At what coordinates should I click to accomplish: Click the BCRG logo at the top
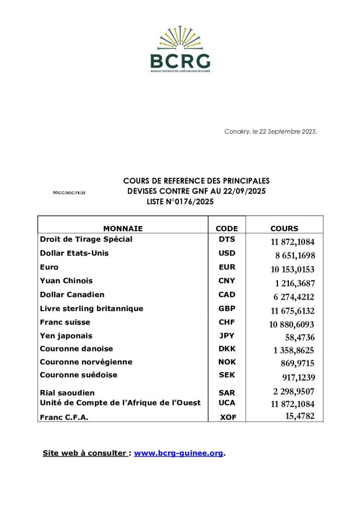[180, 50]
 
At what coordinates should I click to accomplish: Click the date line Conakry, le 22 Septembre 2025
[270, 132]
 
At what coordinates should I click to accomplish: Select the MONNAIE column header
[123, 229]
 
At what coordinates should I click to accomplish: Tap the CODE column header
[227, 229]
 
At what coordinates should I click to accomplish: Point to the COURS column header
[284, 229]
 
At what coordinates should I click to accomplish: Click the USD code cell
[227, 253]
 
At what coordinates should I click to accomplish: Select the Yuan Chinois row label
[66, 281]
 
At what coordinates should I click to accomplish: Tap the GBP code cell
[227, 309]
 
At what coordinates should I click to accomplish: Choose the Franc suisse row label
[65, 322]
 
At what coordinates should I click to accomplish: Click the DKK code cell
[227, 349]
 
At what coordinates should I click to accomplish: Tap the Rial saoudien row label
[67, 393]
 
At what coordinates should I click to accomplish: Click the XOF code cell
[228, 418]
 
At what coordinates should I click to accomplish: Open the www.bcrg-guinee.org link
[179, 453]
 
